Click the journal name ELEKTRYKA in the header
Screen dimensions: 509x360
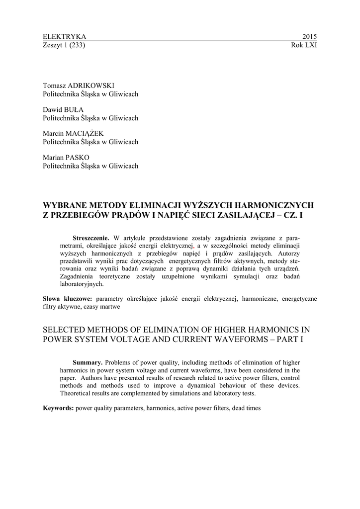[65, 37]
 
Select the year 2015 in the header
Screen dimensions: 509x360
[309, 37]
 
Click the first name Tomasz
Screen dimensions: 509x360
[55, 85]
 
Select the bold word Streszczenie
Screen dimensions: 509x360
[91, 238]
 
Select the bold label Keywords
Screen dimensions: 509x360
[58, 408]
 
